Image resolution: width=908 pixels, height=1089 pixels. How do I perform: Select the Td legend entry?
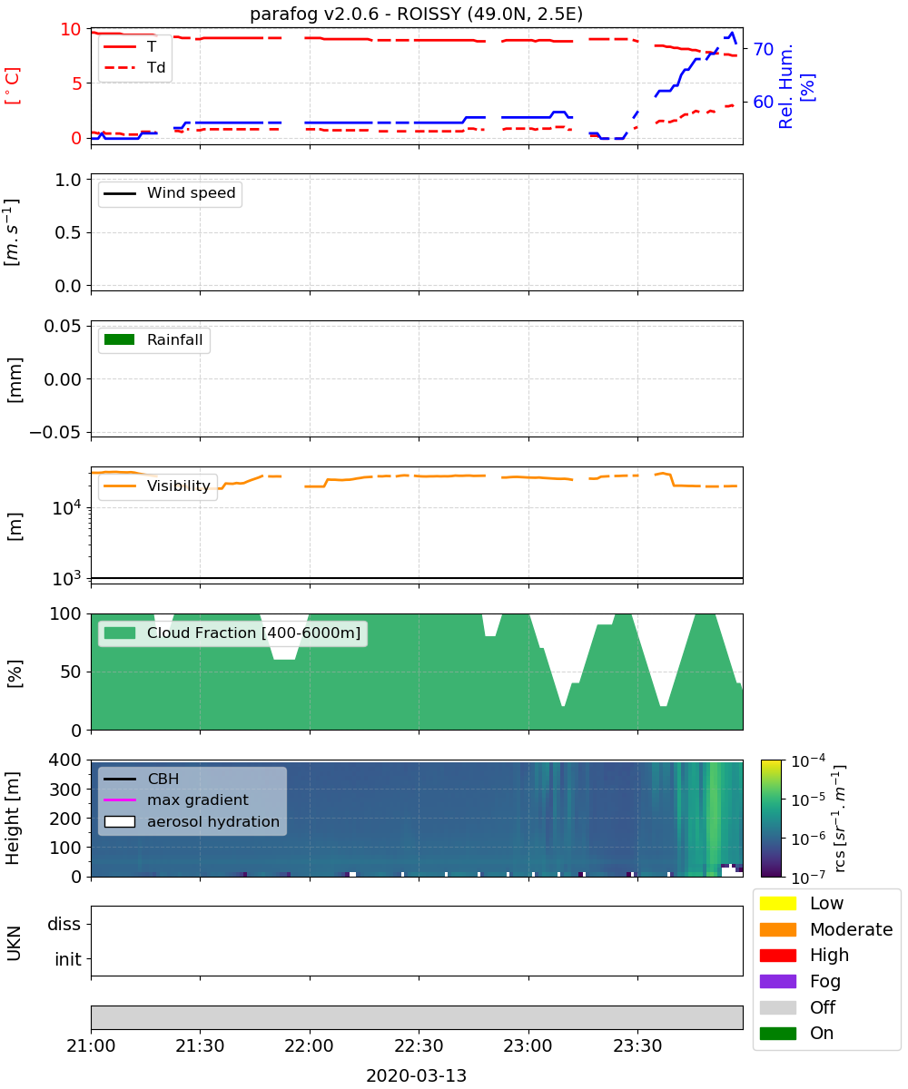(134, 67)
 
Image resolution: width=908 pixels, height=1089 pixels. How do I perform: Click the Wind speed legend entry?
(170, 193)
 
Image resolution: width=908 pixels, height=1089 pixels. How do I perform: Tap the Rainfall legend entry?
(153, 339)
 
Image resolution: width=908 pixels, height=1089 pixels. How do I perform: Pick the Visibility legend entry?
(157, 486)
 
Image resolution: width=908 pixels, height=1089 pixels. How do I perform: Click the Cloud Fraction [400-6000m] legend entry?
(232, 633)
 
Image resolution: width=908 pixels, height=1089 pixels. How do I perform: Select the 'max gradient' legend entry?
(176, 800)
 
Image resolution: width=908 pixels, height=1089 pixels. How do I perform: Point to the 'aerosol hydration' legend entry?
(192, 821)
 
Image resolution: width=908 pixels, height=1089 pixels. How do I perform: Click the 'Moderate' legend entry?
(825, 929)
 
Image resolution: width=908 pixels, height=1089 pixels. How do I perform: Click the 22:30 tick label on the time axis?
(419, 1045)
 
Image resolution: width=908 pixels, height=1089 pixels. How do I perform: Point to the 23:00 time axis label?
(528, 1045)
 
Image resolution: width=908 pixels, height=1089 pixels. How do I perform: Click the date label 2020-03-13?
(416, 1075)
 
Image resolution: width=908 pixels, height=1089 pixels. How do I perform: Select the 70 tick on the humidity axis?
(763, 49)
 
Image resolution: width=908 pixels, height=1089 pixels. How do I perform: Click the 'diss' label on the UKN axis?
(64, 924)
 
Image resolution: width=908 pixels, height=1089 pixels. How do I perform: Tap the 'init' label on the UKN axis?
(68, 959)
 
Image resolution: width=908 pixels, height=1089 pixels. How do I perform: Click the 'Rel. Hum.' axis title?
(785, 86)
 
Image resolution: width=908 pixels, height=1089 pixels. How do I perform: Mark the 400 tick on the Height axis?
(65, 760)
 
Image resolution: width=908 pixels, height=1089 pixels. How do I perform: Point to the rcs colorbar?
(771, 819)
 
